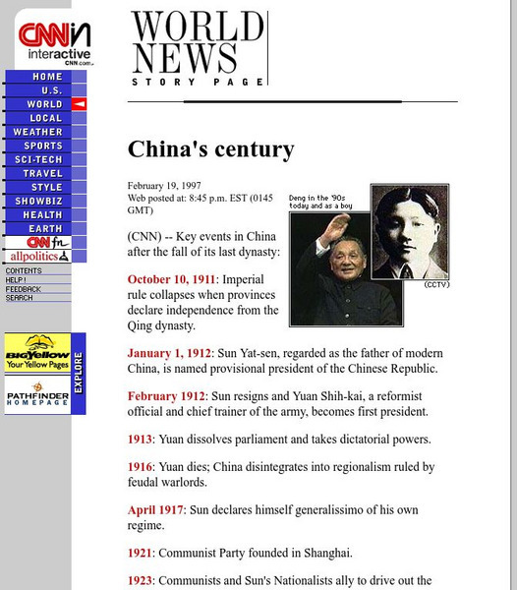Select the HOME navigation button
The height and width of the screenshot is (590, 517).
(45, 77)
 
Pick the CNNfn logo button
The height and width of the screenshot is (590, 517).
(37, 242)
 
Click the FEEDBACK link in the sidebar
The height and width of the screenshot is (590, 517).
(24, 289)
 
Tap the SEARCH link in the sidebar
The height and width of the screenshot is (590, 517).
(20, 297)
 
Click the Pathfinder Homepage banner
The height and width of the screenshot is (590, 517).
(36, 395)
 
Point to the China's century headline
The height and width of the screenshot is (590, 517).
(210, 149)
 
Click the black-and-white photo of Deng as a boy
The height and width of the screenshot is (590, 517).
(407, 233)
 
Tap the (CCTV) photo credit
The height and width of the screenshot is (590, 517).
(434, 284)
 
